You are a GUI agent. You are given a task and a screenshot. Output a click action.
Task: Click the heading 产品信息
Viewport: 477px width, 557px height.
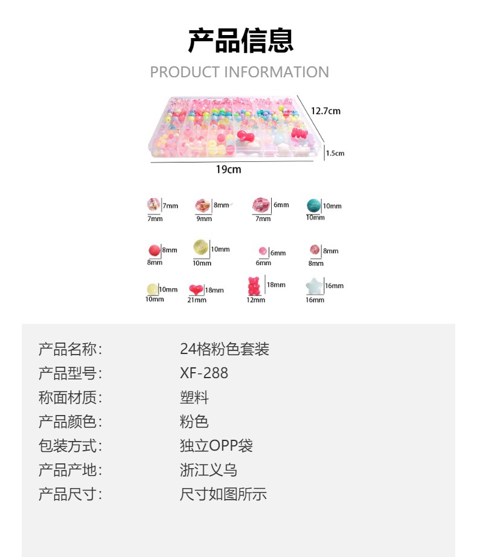(240, 41)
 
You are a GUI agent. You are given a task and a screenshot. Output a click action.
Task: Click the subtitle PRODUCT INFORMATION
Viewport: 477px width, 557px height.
(239, 72)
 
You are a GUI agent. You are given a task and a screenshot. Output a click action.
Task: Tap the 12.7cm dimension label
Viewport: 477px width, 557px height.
(325, 111)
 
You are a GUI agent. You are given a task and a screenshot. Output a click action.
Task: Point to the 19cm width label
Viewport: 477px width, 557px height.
(228, 170)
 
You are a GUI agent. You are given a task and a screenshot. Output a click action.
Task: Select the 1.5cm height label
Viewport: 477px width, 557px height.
(335, 153)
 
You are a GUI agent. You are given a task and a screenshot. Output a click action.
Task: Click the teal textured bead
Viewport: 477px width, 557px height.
(313, 205)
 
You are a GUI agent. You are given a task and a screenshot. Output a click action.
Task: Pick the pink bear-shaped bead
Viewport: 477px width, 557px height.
(254, 285)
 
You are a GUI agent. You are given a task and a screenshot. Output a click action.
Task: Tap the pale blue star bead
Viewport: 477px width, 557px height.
(313, 286)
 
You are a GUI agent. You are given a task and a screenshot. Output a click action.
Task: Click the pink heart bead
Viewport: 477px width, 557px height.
(196, 289)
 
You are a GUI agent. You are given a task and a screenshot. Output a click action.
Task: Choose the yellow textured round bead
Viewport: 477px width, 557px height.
(200, 248)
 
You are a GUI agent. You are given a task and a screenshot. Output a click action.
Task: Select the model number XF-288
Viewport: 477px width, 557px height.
(204, 373)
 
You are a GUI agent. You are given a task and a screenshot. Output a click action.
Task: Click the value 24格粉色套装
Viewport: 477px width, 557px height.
(224, 349)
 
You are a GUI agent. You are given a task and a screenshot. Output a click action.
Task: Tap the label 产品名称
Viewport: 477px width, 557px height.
(70, 349)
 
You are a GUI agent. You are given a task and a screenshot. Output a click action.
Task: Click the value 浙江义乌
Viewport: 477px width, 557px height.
(208, 470)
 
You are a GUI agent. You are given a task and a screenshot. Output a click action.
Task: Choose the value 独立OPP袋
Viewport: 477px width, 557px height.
(216, 446)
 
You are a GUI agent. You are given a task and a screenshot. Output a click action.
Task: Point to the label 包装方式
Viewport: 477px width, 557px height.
(70, 446)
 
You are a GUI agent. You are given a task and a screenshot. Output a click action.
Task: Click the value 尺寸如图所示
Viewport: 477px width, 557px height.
(223, 494)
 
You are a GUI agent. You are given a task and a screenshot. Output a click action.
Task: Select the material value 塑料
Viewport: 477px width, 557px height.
(194, 398)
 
